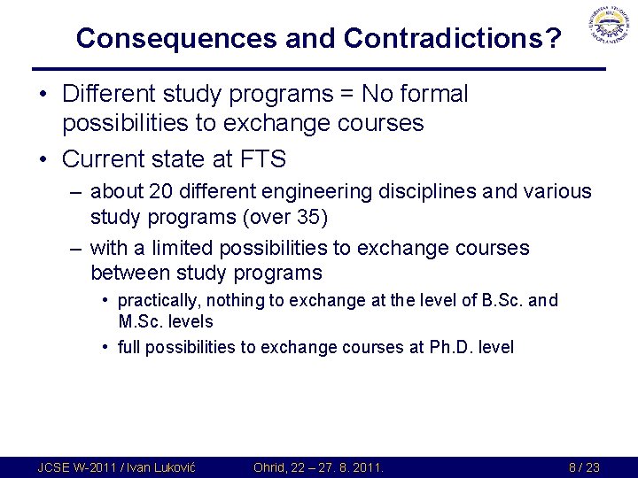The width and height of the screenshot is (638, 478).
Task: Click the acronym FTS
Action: [x=262, y=159]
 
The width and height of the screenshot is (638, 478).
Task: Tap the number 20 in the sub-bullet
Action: [x=161, y=191]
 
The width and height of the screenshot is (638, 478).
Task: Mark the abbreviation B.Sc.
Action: [x=501, y=300]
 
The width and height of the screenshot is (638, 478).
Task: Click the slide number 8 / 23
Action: [x=584, y=467]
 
